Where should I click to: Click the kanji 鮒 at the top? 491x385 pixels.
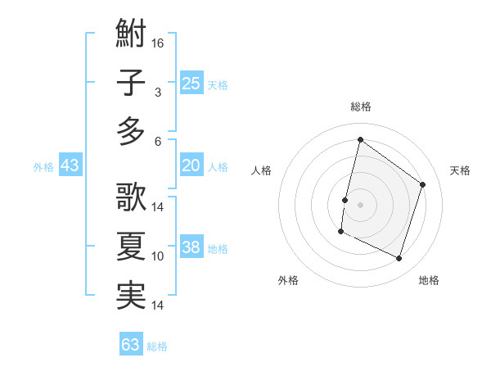[131, 37]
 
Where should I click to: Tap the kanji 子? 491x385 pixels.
[131, 84]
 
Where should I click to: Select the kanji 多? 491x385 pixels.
[131, 130]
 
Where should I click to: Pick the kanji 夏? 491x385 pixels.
[131, 247]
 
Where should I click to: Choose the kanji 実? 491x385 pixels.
[131, 295]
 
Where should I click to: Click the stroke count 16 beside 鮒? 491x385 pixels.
[158, 43]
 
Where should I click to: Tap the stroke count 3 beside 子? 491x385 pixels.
[157, 93]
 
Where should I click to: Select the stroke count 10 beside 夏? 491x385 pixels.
[158, 256]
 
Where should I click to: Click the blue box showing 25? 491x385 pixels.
[191, 83]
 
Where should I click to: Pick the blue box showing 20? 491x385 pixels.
[191, 165]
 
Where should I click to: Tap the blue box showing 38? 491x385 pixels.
[191, 247]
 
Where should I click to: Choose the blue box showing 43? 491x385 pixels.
[70, 165]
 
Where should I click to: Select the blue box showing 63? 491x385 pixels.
[130, 345]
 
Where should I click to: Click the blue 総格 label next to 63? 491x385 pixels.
[157, 346]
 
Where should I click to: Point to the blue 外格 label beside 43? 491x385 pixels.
[43, 167]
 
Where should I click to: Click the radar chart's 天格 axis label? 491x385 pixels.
[460, 170]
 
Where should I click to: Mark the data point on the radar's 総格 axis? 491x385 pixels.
[360, 139]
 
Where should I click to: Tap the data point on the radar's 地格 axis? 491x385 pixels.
[399, 259]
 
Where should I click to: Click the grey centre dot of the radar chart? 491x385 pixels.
[360, 204]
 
